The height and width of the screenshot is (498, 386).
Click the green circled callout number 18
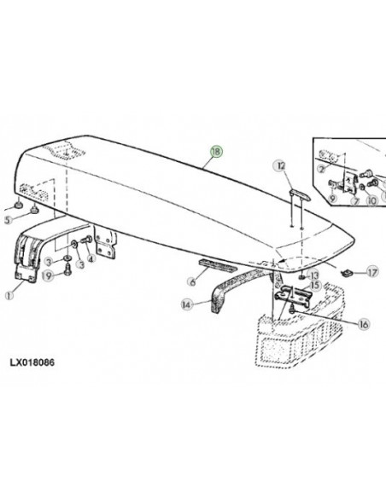tap(216, 152)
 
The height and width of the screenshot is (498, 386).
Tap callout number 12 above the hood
tap(281, 165)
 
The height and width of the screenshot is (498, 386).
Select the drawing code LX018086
tap(32, 362)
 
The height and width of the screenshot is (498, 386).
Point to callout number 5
tap(9, 220)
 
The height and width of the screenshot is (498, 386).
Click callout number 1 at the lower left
tap(9, 295)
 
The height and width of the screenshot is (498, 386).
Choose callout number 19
tap(48, 275)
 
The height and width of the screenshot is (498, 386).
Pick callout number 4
tap(91, 259)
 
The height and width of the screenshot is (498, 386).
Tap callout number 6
tap(192, 281)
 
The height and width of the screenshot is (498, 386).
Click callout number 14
tap(187, 305)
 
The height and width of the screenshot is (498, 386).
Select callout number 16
tap(364, 324)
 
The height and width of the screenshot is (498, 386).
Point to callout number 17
tap(372, 272)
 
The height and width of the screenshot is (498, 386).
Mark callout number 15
tap(315, 285)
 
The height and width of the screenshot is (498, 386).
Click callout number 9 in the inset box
tap(332, 199)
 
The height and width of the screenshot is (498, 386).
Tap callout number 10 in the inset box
tap(371, 200)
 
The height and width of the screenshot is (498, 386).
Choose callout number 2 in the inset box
tap(321, 169)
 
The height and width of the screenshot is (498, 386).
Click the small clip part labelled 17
tap(346, 272)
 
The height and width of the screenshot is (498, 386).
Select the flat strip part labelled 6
tap(218, 265)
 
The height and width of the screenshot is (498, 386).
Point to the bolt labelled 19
tap(67, 270)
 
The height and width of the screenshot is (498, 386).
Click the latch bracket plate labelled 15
tap(292, 295)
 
